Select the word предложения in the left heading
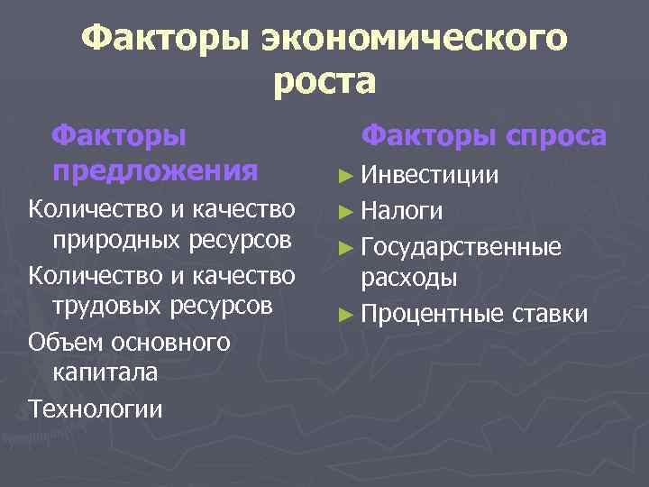(155, 170)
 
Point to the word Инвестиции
(431, 175)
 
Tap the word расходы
(408, 277)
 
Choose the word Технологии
(96, 409)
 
